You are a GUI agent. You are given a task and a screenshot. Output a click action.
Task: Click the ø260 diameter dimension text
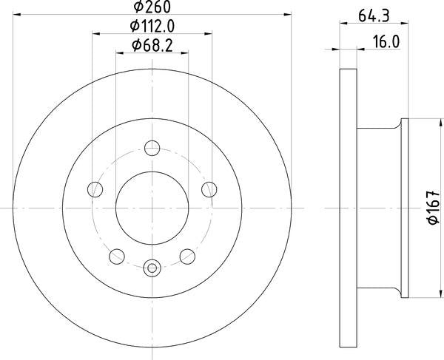coord(152,10)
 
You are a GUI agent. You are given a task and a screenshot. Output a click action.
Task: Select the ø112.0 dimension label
coord(152,28)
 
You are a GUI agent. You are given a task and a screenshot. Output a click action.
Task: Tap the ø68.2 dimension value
coord(152,47)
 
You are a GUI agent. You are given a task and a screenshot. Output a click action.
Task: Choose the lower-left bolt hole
coord(116,257)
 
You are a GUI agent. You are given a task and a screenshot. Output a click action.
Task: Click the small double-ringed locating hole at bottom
coord(152,267)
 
